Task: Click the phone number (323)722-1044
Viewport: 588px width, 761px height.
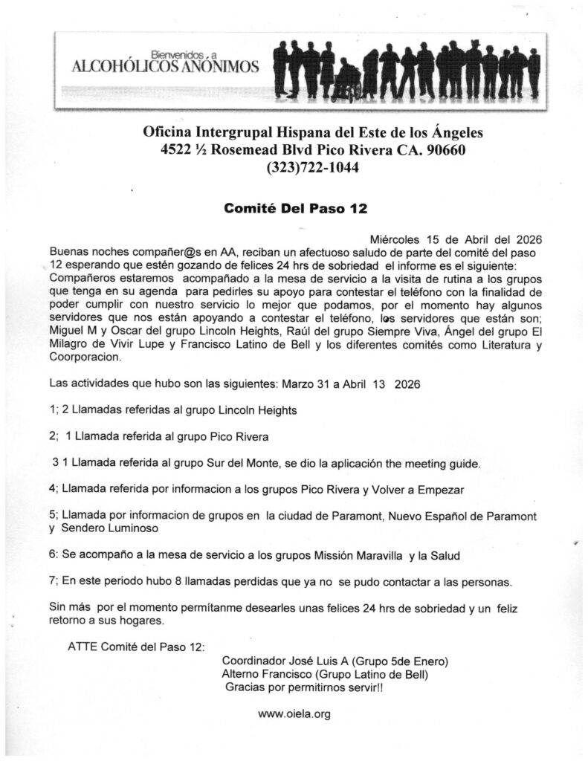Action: coord(312,168)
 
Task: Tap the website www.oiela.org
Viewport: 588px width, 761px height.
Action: coord(294,713)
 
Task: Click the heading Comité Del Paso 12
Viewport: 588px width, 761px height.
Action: coord(295,209)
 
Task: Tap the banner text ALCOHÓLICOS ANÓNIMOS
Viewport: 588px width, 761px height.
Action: coord(165,68)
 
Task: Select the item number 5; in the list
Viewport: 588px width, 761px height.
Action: coord(54,516)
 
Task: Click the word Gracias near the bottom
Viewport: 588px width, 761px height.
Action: coord(246,687)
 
